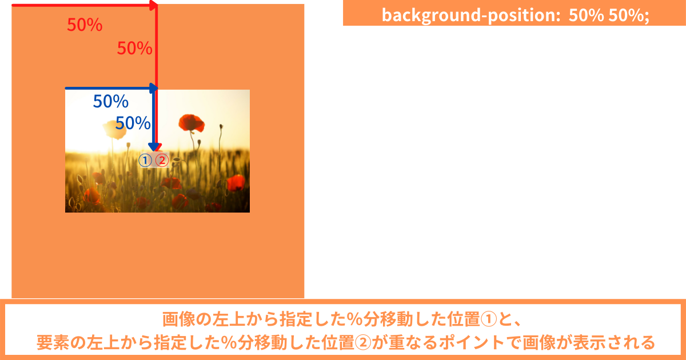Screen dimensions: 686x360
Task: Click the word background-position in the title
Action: [x=471, y=15]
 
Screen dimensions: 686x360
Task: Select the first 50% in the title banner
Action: [x=586, y=15]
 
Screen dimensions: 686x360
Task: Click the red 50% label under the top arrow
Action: [x=85, y=25]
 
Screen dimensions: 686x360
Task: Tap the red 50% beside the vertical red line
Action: [x=135, y=49]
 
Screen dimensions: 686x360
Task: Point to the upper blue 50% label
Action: [x=110, y=101]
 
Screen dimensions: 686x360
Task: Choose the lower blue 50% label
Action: [x=133, y=123]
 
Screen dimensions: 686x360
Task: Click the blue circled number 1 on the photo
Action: [x=145, y=160]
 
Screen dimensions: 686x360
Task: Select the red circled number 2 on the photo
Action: [x=162, y=160]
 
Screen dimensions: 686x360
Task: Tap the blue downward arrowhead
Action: [x=153, y=147]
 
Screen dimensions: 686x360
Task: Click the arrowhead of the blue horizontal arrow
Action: [x=153, y=88]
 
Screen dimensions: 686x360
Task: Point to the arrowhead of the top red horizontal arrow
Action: [x=153, y=5]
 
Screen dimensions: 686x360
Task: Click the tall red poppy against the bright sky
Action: [x=192, y=123]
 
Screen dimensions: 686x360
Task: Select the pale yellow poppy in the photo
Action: [x=115, y=130]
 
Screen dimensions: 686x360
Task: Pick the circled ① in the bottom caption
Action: [x=489, y=319]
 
